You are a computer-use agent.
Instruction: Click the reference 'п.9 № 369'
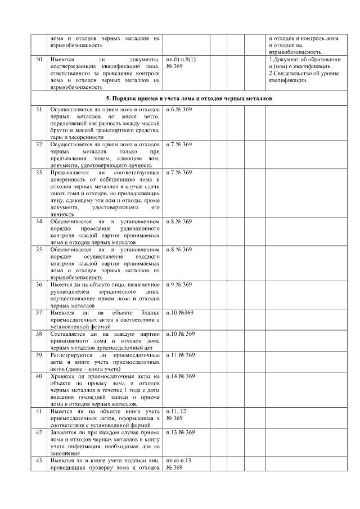[x=179, y=285]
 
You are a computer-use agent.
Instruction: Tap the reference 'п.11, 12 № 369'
[x=177, y=415]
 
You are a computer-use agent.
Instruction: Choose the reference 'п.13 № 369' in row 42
[x=181, y=433]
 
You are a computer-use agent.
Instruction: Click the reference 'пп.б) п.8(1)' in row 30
[x=181, y=59]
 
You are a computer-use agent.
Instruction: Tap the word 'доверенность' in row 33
[x=68, y=179]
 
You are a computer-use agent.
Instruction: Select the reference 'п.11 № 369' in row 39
[x=181, y=355]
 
